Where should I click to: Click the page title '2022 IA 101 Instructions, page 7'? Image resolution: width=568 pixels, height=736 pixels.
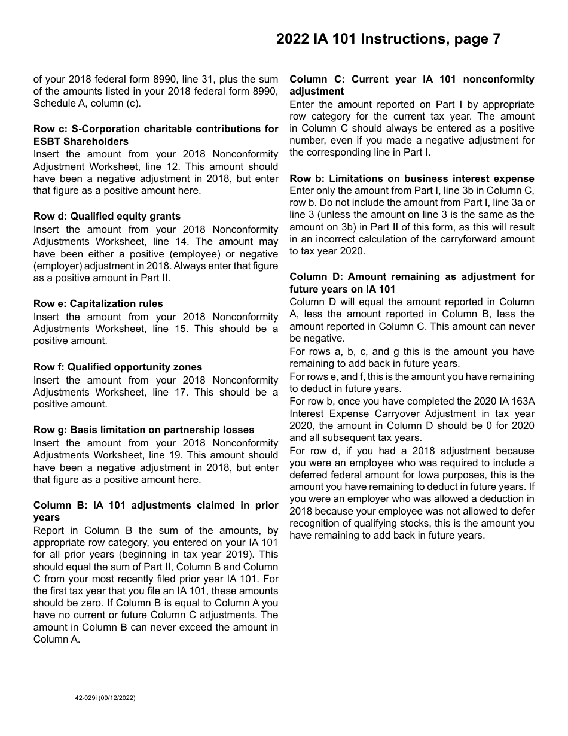(388, 39)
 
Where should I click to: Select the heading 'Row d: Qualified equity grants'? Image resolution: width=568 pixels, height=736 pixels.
(107, 217)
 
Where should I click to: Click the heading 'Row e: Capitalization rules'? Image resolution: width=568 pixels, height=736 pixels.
(98, 304)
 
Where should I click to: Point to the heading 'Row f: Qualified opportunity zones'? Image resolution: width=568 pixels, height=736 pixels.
(118, 367)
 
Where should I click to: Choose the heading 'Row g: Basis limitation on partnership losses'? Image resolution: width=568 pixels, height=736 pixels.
(143, 430)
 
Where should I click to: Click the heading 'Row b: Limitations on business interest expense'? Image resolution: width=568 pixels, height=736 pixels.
(412, 179)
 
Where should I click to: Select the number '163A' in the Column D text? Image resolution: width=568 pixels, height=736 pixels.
(521, 402)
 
